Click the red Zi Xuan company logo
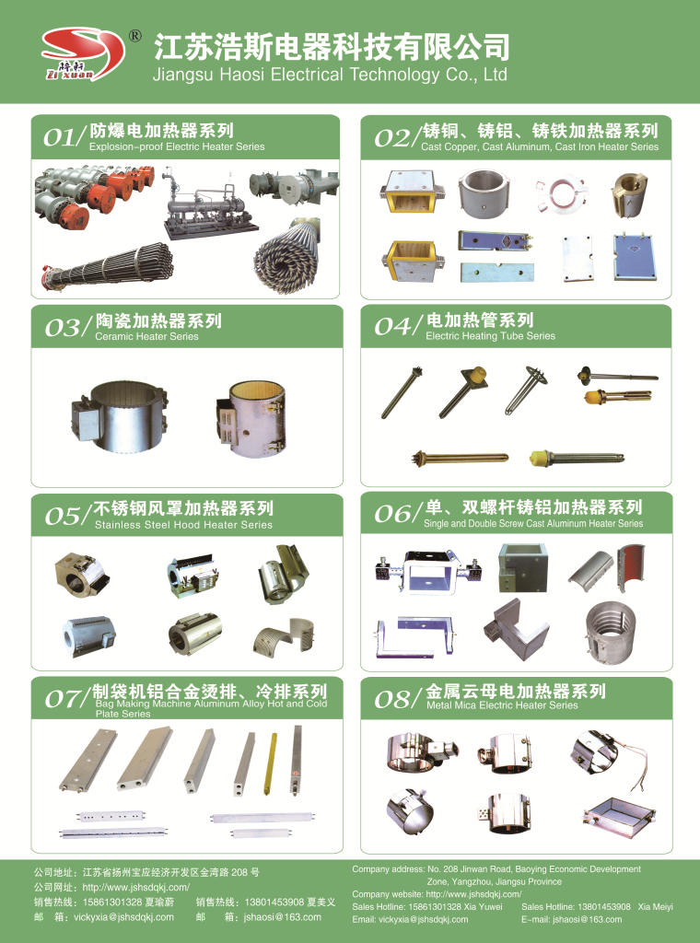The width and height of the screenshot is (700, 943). tap(82, 54)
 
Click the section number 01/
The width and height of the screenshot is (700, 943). tap(64, 138)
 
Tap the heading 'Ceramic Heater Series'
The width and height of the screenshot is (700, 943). tap(146, 337)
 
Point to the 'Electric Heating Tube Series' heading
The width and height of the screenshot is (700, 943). tap(490, 336)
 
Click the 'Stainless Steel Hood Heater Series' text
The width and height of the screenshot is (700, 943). tap(183, 525)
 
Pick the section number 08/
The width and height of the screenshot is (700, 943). tap(398, 700)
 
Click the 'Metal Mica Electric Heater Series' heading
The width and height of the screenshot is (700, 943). tap(502, 705)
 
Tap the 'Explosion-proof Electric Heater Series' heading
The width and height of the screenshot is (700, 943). tap(176, 146)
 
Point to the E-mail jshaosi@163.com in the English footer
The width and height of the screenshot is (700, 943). tap(571, 919)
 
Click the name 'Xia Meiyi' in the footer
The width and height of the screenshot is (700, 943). tap(655, 907)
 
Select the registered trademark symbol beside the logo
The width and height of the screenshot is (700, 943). tap(134, 37)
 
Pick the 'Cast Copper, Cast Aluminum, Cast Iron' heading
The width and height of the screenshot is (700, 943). tap(539, 146)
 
